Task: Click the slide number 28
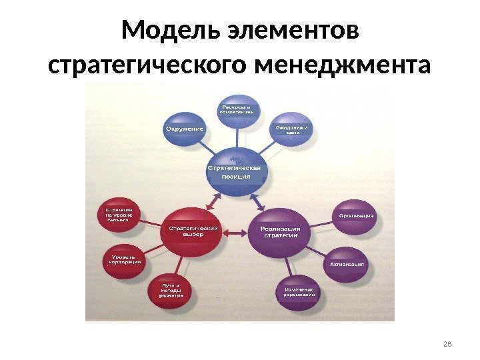[x=447, y=343]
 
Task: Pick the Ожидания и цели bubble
[x=292, y=129]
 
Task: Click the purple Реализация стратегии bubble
[x=279, y=232]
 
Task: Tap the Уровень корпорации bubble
[x=125, y=259]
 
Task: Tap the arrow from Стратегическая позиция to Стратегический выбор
[x=215, y=200]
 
